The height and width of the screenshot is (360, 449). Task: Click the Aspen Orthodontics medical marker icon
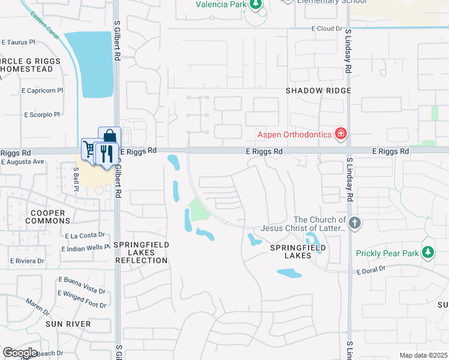click(x=341, y=134)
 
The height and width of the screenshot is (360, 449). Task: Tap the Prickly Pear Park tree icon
click(x=428, y=253)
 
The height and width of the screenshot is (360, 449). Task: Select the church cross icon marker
click(x=355, y=224)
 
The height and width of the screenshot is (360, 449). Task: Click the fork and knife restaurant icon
click(x=106, y=154)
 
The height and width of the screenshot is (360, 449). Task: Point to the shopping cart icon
click(x=90, y=149)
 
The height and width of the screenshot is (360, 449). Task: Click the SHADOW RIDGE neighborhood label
click(x=318, y=90)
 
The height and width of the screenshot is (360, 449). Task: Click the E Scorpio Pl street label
click(x=42, y=115)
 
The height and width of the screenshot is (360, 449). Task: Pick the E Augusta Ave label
click(x=22, y=161)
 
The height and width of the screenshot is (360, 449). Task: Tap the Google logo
click(x=20, y=353)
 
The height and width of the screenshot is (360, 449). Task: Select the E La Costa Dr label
click(x=85, y=236)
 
